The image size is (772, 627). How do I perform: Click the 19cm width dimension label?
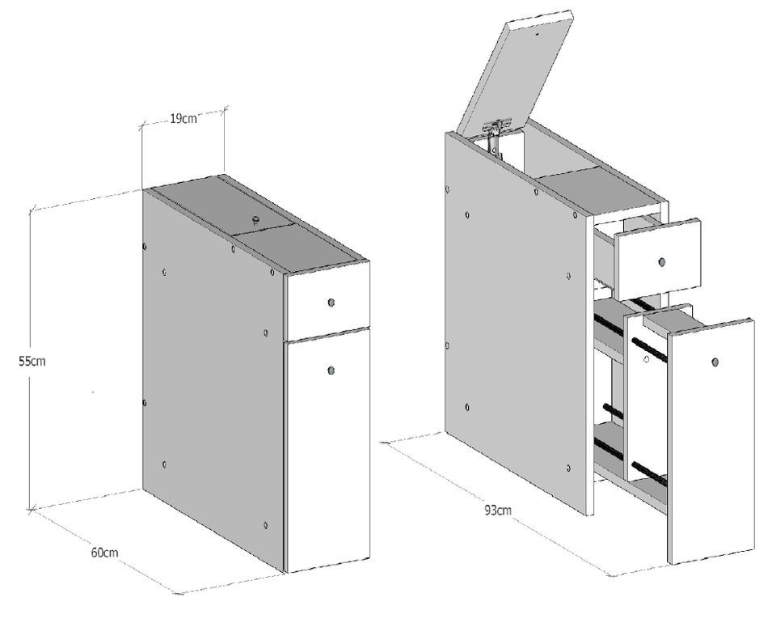point(184,118)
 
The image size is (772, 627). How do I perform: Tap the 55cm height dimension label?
point(32,361)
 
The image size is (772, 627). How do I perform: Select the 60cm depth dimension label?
point(104,552)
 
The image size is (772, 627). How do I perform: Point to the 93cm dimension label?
point(498,510)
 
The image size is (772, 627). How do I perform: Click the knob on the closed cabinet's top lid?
point(256,220)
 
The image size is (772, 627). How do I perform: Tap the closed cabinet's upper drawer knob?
point(331,302)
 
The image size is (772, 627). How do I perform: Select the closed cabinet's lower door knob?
point(331,370)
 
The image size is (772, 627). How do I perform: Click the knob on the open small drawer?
point(660,261)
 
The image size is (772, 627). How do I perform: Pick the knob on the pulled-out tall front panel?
point(715,362)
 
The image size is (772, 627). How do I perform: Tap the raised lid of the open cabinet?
point(515,70)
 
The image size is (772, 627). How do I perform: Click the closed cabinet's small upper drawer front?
point(327,301)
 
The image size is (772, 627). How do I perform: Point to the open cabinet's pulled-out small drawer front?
point(658,259)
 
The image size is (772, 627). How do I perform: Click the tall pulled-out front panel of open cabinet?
point(711,441)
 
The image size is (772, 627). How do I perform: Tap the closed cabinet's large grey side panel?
point(214,379)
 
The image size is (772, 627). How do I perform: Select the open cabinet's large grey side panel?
point(517,323)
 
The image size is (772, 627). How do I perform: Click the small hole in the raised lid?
point(537,35)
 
